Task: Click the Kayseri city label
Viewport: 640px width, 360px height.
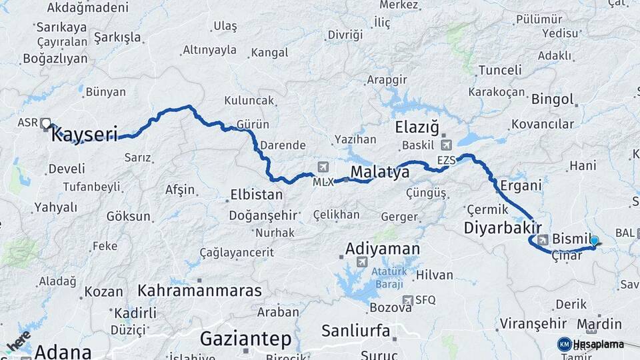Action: point(84,134)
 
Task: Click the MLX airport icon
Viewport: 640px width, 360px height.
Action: point(323,167)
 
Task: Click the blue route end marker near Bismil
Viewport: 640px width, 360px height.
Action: point(594,241)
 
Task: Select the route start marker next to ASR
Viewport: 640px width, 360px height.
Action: point(45,123)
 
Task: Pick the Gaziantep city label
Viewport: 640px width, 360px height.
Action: point(245,339)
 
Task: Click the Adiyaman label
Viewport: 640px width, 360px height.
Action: point(383,249)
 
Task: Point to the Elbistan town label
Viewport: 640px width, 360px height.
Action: point(256,195)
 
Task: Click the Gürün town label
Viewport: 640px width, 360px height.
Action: point(253,125)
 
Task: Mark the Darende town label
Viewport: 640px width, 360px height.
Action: point(283,145)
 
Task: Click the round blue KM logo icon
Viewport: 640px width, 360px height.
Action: point(564,344)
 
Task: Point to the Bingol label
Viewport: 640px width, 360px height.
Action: point(552,100)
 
